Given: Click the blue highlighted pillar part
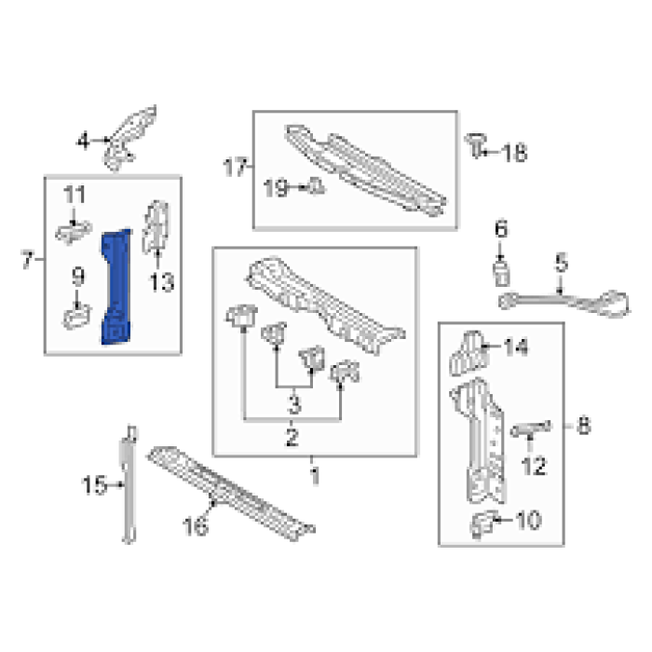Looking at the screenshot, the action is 116,287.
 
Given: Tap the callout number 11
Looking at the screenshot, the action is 75,194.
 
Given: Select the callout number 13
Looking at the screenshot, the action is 161,282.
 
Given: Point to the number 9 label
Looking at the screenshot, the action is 78,277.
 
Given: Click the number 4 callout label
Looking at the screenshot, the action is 83,141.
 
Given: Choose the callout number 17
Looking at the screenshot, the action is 235,167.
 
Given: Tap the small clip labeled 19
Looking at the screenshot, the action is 317,186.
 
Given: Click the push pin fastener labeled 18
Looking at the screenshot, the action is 476,145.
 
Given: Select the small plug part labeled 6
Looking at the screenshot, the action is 501,273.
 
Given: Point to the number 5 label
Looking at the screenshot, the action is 562,263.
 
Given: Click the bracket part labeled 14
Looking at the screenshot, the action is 467,353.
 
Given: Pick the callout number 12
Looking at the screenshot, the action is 534,466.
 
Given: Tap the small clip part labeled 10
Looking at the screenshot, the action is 482,524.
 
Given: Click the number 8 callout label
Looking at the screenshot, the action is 583,426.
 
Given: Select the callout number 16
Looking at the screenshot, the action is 196,525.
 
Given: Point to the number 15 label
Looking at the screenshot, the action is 95,485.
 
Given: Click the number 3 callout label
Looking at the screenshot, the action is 293,404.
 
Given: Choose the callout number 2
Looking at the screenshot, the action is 292,437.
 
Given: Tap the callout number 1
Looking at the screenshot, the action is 315,476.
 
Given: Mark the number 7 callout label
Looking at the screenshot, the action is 27,260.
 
